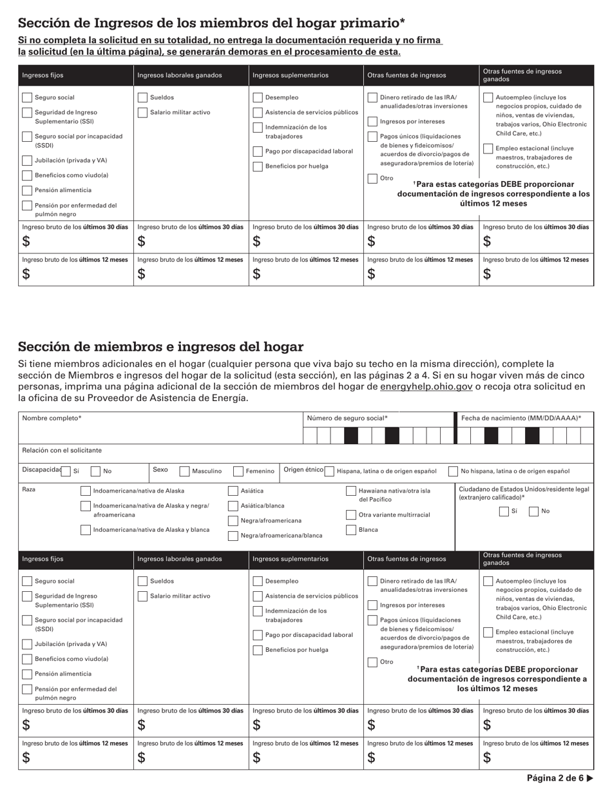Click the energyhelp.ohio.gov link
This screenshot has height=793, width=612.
426,386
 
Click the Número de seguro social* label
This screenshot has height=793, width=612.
347,418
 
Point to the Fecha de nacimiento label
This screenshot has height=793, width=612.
521,418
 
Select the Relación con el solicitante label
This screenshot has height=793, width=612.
62,450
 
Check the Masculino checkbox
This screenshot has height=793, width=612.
184,471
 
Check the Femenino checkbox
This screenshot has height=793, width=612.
238,471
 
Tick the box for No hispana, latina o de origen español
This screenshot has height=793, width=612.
453,471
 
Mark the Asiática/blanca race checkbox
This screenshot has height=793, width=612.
233,505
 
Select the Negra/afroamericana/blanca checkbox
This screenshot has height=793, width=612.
233,536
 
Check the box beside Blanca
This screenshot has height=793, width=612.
351,530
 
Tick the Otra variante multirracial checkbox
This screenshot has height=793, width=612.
351,514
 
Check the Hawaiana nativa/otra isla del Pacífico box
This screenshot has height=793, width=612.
351,491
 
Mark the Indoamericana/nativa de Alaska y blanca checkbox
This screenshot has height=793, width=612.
86,530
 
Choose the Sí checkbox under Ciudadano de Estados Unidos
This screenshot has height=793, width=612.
504,511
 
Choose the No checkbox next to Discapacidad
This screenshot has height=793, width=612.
96,471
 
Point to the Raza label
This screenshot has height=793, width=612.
29,489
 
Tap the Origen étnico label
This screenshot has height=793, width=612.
303,470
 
